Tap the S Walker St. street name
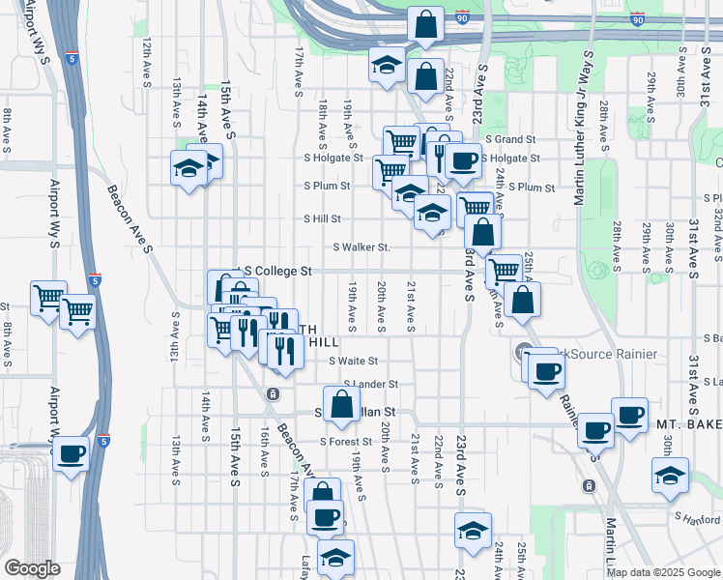(361, 247)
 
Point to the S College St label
(280, 272)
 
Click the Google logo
(32, 568)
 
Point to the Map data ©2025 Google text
(664, 572)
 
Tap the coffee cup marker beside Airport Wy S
(71, 452)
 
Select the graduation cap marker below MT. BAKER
(669, 476)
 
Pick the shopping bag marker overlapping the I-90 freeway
(424, 24)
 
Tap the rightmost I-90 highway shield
(637, 18)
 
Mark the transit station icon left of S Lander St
(274, 393)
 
